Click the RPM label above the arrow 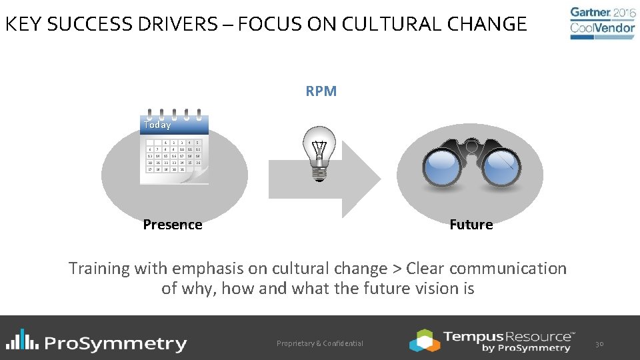[321, 91]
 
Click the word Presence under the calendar [172, 225]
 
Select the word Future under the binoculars [471, 225]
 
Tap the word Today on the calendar [157, 125]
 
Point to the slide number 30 [599, 343]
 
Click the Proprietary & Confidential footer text [320, 343]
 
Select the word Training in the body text [99, 269]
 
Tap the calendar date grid [175, 156]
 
